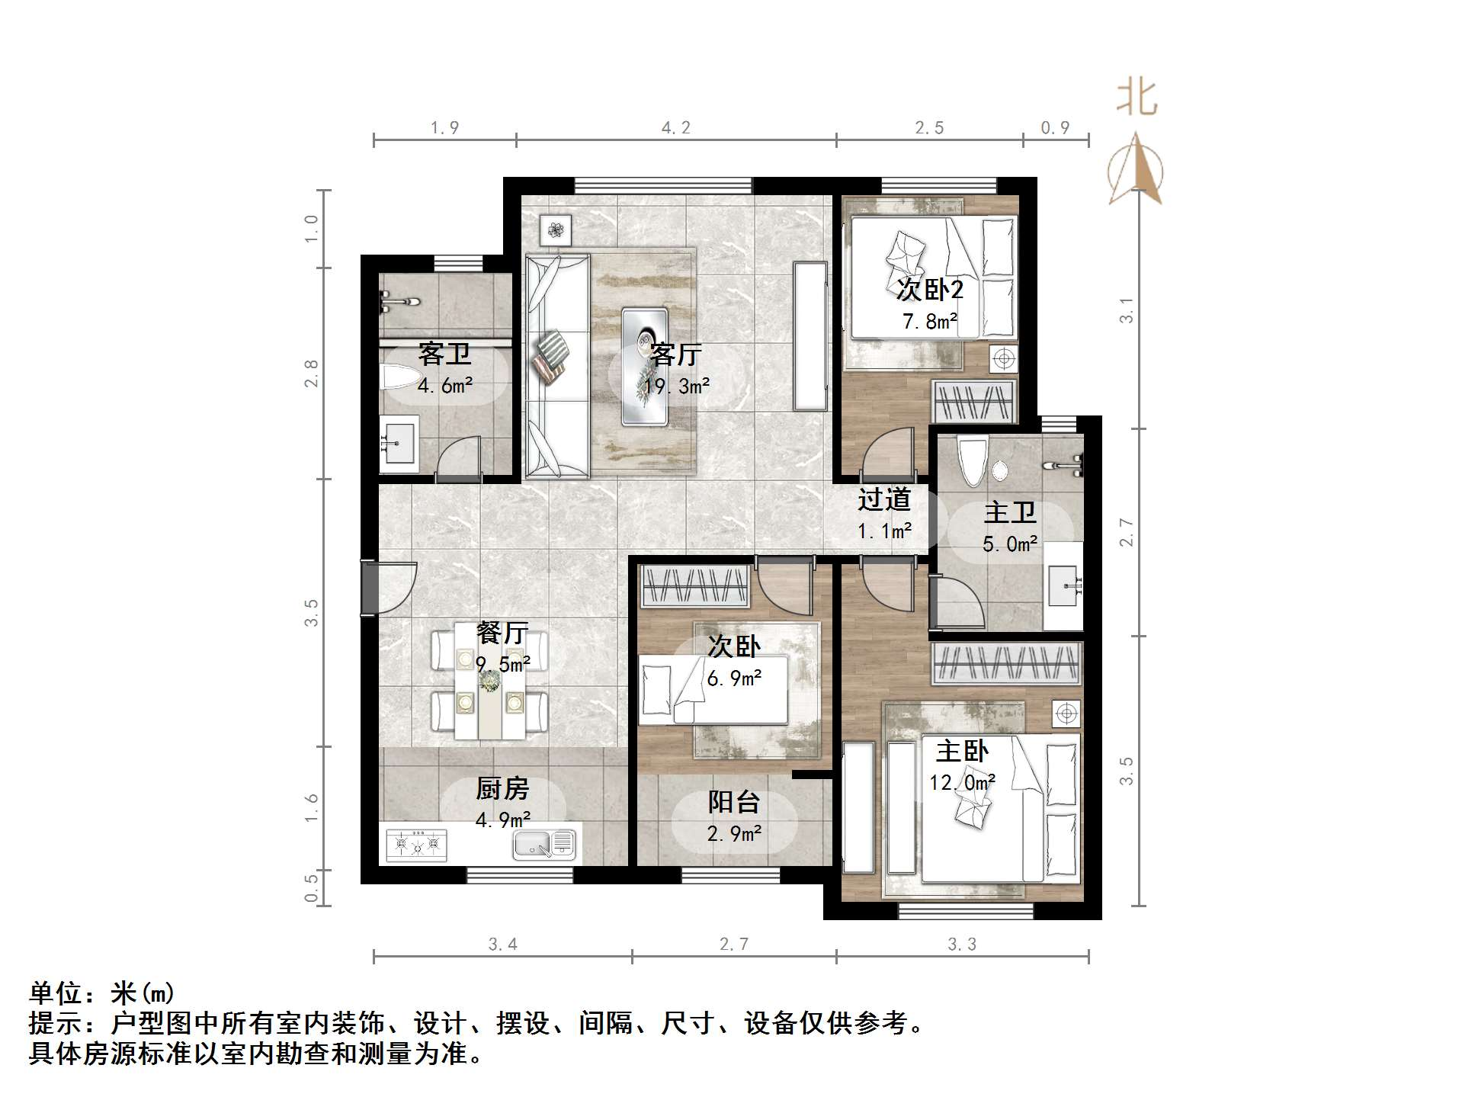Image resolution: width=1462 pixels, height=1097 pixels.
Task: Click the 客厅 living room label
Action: [x=675, y=355]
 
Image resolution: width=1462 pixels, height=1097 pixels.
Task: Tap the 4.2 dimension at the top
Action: [x=675, y=128]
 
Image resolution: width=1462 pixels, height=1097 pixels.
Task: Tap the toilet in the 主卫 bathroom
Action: [x=973, y=460]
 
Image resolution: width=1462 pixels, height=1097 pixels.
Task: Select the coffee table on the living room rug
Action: [x=644, y=366]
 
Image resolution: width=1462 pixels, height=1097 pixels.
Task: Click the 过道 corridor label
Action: [x=883, y=500]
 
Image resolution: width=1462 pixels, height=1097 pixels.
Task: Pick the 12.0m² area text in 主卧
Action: [x=961, y=783]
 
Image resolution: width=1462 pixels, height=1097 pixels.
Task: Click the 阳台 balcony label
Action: [x=733, y=802]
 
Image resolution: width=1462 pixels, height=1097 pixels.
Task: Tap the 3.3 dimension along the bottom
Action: [x=961, y=945]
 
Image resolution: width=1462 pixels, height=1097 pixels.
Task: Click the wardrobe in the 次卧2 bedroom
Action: [x=973, y=401]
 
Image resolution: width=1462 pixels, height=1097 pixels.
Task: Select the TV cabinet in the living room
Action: [x=810, y=336]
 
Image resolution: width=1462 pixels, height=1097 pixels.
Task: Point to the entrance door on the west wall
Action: [x=370, y=587]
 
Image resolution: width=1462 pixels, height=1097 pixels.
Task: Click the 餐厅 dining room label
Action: [x=502, y=633]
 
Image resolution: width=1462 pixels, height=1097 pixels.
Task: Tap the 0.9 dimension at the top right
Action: [x=1055, y=128]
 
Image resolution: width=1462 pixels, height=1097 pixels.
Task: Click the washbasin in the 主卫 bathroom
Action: [x=1063, y=585]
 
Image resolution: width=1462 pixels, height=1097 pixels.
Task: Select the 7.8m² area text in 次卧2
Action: [x=929, y=322]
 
